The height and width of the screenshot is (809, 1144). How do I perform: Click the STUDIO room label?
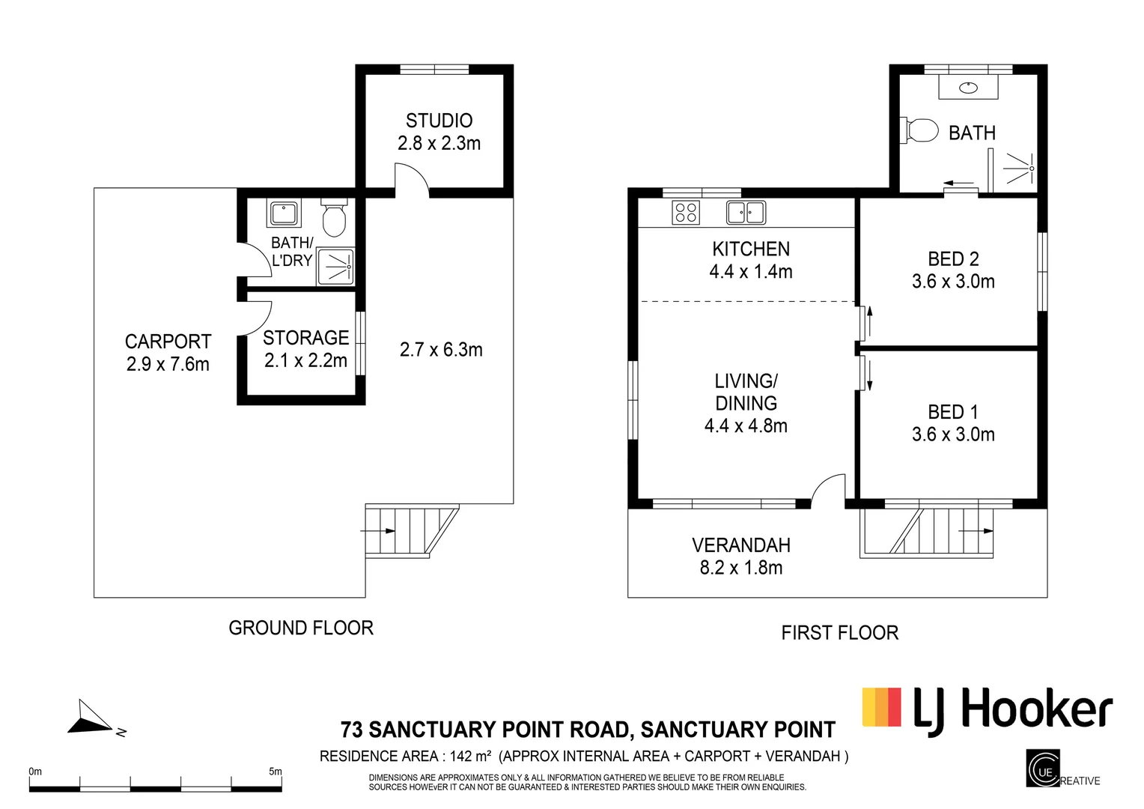439,121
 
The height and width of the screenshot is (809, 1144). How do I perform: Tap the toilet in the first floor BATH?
920,130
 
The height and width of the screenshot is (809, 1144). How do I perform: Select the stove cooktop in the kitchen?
686,213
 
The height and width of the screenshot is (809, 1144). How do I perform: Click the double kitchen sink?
745,213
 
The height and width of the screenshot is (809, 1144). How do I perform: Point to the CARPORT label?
168,342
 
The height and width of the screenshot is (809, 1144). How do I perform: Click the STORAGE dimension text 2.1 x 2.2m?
305,360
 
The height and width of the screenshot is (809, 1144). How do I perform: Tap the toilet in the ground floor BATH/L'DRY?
333,219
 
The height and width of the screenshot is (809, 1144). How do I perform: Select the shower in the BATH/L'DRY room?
335,267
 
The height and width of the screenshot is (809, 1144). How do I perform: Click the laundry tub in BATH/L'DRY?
284,213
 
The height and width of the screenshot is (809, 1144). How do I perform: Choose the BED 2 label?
953,259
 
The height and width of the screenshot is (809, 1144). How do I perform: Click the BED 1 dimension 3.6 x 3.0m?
953,434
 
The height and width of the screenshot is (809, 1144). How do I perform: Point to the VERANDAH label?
740,545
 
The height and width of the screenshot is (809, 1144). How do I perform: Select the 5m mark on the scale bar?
275,772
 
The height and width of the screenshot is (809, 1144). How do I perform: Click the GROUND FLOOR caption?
300,628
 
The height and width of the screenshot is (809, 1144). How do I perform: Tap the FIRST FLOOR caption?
839,633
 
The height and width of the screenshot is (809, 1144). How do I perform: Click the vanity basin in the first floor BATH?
968,88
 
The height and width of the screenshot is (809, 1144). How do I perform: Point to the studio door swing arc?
412,180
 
